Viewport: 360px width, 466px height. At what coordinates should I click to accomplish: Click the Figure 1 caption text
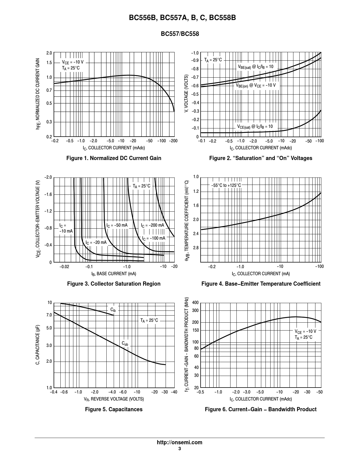pyautogui.click(x=114, y=158)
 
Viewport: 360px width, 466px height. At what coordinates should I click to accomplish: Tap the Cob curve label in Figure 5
pyautogui.click(x=125, y=344)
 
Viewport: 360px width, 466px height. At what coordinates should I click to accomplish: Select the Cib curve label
pyautogui.click(x=113, y=310)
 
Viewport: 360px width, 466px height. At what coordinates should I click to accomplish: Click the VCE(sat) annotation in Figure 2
pyautogui.click(x=255, y=127)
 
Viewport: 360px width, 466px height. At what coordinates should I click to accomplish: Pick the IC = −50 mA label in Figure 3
pyautogui.click(x=117, y=225)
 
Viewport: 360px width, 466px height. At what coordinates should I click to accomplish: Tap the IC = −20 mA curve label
pyautogui.click(x=96, y=242)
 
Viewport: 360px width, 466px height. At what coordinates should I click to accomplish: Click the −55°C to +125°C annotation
pyautogui.click(x=226, y=185)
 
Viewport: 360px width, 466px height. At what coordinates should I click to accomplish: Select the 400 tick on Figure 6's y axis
pyautogui.click(x=195, y=303)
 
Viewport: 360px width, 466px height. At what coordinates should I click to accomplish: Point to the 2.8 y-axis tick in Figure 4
pyautogui.click(x=196, y=248)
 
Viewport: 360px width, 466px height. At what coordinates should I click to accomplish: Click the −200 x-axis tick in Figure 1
pyautogui.click(x=173, y=141)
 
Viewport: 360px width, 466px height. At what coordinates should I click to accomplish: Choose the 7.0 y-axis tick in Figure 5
pyautogui.click(x=49, y=315)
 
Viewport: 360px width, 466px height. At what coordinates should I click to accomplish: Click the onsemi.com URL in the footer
pyautogui.click(x=179, y=442)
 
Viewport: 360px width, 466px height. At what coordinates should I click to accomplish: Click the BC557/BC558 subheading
pyautogui.click(x=180, y=34)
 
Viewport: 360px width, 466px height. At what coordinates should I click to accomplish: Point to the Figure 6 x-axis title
pyautogui.click(x=260, y=399)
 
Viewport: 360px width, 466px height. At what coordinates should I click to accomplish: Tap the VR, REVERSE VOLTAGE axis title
pyautogui.click(x=114, y=399)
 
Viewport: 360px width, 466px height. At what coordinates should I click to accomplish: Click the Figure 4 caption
pyautogui.click(x=261, y=284)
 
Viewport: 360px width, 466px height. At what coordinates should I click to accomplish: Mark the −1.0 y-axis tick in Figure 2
pyautogui.click(x=195, y=53)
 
